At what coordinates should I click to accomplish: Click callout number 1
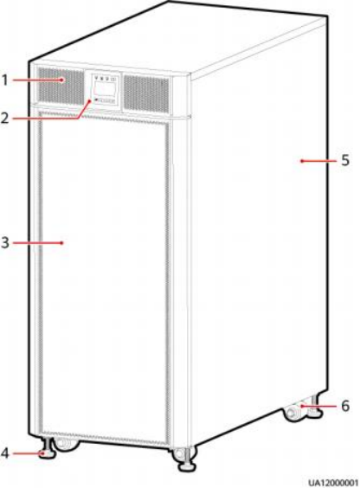(4, 80)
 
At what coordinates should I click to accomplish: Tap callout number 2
(4, 119)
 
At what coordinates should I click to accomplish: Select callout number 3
(4, 243)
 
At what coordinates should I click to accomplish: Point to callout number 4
(4, 453)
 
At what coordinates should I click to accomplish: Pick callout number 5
(345, 161)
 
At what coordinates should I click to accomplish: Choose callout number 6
(345, 406)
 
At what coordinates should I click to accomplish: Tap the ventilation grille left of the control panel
(61, 86)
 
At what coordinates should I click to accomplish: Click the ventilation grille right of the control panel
(146, 94)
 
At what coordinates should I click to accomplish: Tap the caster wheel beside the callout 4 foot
(65, 445)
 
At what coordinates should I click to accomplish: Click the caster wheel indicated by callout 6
(293, 412)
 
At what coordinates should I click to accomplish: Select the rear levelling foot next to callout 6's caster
(314, 407)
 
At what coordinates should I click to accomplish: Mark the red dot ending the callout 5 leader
(301, 161)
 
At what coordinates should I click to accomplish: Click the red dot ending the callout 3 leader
(62, 243)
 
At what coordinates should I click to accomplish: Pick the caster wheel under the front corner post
(179, 453)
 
